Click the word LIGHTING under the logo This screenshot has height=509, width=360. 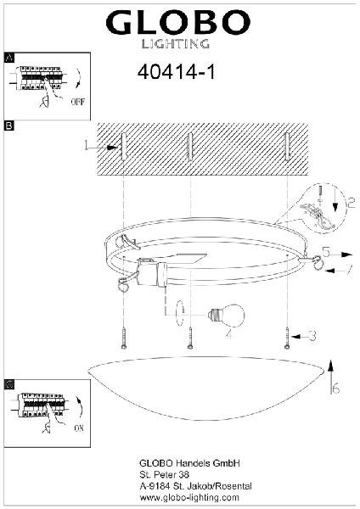coord(176,44)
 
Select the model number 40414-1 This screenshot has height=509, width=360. coord(176,72)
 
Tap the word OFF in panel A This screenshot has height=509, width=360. coord(77,102)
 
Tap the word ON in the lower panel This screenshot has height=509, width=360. coord(79,428)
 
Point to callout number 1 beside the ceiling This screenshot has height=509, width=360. coord(86,145)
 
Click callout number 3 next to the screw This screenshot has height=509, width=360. coord(312,336)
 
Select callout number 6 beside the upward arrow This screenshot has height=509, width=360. coord(336,388)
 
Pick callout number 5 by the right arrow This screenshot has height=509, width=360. coord(327,252)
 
